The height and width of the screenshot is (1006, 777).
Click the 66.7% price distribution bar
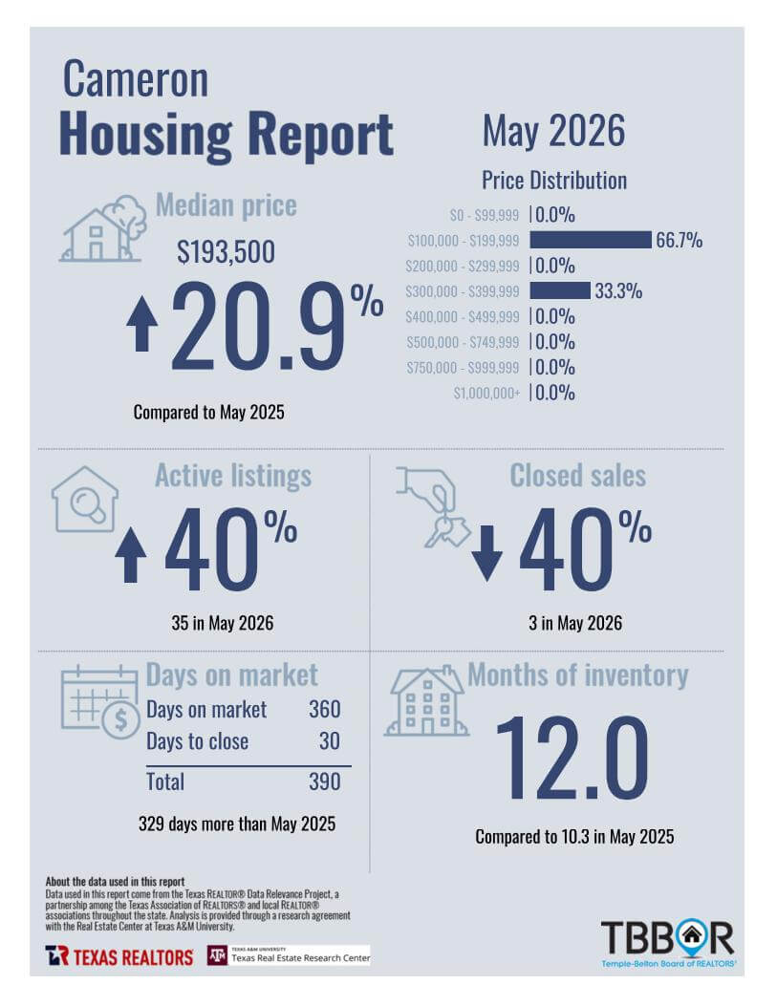(x=591, y=240)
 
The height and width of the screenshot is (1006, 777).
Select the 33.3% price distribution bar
(x=560, y=290)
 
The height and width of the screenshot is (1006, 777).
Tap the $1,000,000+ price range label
(x=486, y=393)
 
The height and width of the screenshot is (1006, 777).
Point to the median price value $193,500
(x=226, y=251)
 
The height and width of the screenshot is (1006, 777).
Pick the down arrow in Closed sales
(x=487, y=553)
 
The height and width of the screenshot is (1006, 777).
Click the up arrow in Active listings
(x=130, y=555)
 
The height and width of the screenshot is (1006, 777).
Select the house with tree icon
(x=103, y=228)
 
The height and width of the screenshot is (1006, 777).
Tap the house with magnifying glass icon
(x=85, y=499)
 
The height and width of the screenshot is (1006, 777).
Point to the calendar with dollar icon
(x=100, y=702)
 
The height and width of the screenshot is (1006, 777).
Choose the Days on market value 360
(x=325, y=709)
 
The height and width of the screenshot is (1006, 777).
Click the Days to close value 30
(x=330, y=741)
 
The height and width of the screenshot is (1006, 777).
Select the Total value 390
(x=325, y=781)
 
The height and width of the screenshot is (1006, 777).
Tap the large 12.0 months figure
(x=572, y=759)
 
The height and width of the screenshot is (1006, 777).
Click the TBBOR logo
(x=668, y=943)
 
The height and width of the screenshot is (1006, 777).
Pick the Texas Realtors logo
(x=119, y=956)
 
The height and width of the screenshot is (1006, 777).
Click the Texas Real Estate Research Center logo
(x=289, y=955)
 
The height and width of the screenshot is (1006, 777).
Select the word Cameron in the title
(x=136, y=79)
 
